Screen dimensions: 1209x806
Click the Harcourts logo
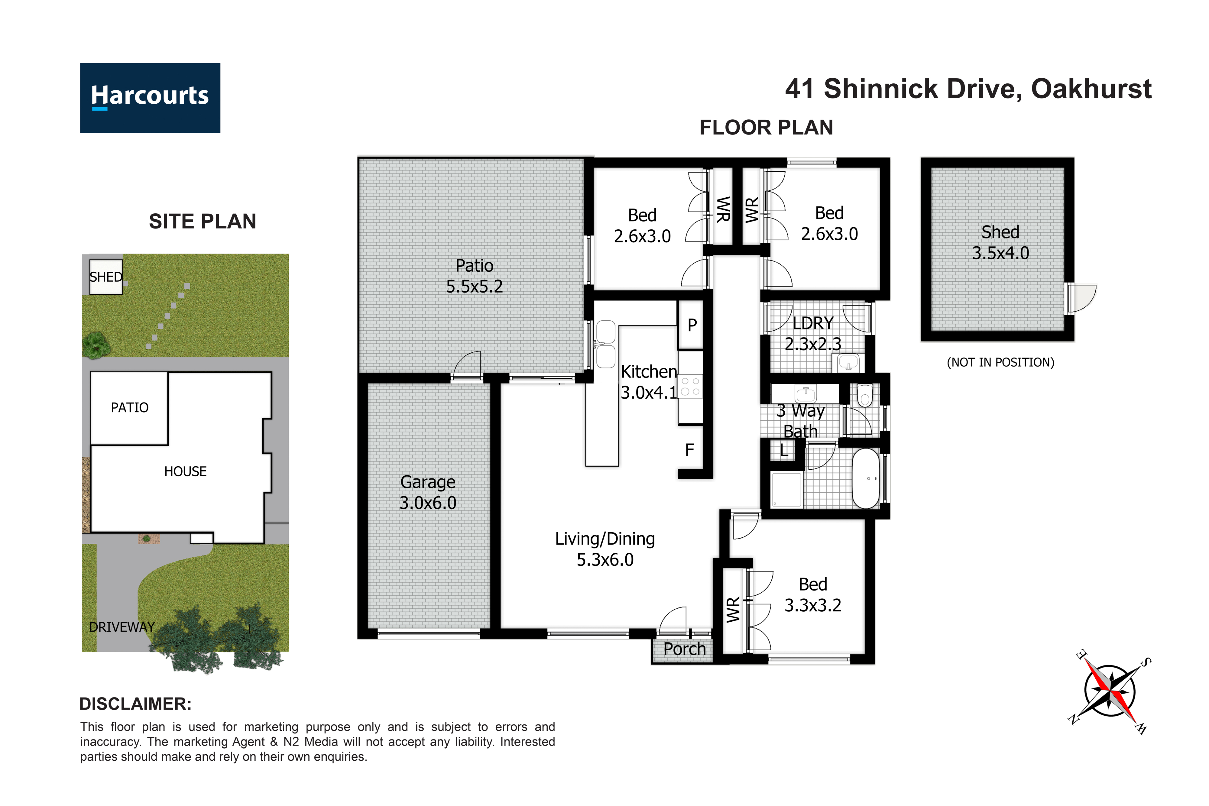pos(150,98)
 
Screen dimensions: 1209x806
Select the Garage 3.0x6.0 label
pos(428,492)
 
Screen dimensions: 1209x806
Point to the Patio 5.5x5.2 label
pos(474,276)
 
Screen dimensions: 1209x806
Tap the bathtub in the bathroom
pos(866,479)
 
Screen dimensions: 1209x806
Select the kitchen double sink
pos(605,345)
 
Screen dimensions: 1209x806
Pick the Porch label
pos(684,649)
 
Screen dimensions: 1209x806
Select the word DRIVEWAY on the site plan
pos(122,627)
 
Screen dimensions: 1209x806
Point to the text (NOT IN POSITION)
pos(1000,362)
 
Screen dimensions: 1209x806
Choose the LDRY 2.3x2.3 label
pos(813,333)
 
